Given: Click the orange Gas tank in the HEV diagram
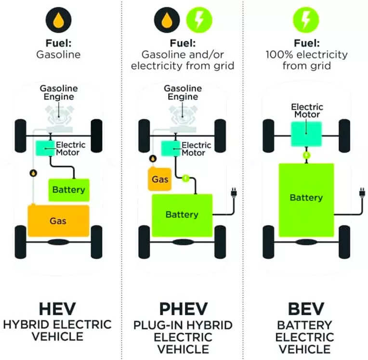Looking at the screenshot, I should click(x=59, y=221).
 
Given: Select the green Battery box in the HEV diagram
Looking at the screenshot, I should click(x=68, y=190).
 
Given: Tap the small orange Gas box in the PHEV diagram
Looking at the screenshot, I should click(x=160, y=179).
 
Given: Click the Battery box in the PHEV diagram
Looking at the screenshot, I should click(x=182, y=215).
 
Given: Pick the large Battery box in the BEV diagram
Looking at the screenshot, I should click(x=306, y=198).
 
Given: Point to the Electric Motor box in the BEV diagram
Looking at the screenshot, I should click(x=306, y=133).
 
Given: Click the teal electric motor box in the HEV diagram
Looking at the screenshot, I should click(x=46, y=148).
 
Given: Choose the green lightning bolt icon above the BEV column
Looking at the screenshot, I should click(x=306, y=20).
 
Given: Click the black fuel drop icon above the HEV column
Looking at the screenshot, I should click(x=58, y=20).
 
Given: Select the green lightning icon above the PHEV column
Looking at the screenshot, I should click(x=198, y=20).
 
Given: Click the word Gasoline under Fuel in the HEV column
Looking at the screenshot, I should click(x=58, y=54).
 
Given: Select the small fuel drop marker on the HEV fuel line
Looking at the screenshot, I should click(x=33, y=172).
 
